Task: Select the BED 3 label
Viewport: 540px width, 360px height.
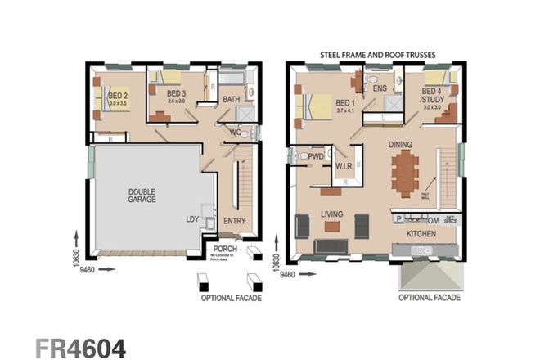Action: tap(177, 94)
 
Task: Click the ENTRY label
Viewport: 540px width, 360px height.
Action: tap(233, 220)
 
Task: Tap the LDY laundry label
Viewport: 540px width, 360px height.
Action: tap(192, 220)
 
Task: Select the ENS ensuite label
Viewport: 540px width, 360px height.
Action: tap(380, 88)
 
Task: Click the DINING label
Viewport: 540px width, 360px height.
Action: tap(401, 145)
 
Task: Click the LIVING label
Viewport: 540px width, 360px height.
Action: tap(332, 214)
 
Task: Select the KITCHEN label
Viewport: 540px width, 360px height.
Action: tap(421, 234)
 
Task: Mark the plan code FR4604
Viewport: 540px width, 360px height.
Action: tap(80, 347)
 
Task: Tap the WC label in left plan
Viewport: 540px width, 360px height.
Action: tap(235, 132)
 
